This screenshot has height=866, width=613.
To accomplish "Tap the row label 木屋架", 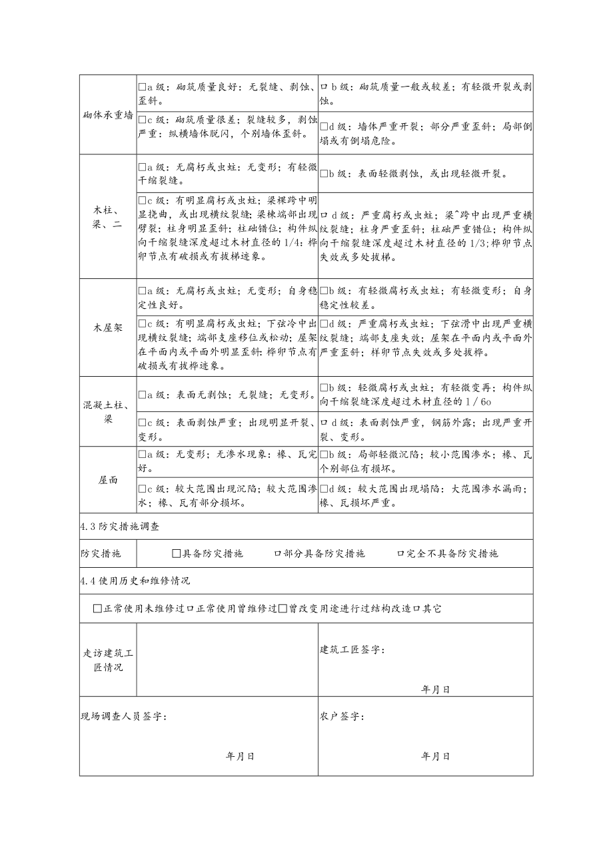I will [108, 327].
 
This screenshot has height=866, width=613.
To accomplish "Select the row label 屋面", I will [108, 480].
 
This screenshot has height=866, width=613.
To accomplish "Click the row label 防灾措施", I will [101, 553].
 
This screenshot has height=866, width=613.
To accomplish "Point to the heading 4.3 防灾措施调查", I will [120, 527].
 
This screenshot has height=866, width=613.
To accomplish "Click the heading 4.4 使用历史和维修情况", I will [135, 580].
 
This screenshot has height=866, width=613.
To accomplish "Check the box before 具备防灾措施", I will [177, 553].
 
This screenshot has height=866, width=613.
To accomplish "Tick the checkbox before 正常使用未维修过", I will [99, 608].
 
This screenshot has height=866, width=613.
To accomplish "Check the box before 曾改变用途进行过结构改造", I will [283, 608].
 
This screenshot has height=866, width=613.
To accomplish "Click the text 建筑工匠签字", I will [352, 649].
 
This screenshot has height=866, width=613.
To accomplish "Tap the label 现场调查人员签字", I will [124, 716].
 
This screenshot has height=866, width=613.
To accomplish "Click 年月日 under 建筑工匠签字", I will [436, 690].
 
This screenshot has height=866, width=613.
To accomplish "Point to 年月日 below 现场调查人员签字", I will [241, 756].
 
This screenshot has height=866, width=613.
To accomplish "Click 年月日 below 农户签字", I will [436, 756].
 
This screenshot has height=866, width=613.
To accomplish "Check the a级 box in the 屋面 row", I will [143, 454].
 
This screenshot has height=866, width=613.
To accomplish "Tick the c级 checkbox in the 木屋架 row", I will [143, 324].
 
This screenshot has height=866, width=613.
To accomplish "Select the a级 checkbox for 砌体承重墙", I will [143, 87].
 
